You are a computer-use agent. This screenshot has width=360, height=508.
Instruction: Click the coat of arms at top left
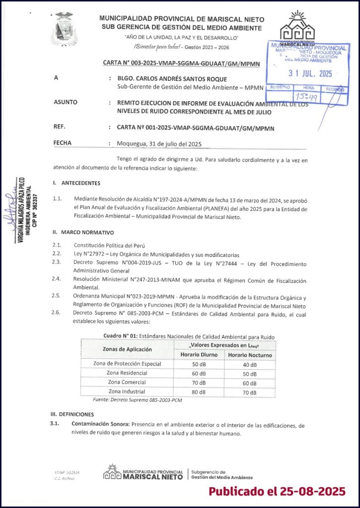64,29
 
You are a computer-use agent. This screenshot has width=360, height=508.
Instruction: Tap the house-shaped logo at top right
298,28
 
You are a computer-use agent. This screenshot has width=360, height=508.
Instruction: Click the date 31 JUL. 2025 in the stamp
310,74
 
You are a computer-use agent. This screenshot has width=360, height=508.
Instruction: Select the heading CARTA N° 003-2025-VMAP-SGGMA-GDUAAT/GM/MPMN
185,64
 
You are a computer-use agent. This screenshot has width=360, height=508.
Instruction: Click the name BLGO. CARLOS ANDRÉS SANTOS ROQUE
172,79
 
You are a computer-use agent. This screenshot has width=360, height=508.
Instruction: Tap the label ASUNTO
65,102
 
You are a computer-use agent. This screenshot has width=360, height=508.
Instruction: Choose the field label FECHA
62,143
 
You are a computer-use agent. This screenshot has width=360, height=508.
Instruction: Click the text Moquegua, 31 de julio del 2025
159,144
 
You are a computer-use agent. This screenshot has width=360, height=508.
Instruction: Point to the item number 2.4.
56,279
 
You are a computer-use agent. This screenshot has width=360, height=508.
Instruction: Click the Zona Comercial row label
127,382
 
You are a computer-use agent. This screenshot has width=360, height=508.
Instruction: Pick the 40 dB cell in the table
250,364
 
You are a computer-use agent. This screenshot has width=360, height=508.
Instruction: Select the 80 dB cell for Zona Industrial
199,392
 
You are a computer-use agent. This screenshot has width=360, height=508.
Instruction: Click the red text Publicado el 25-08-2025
276,491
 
